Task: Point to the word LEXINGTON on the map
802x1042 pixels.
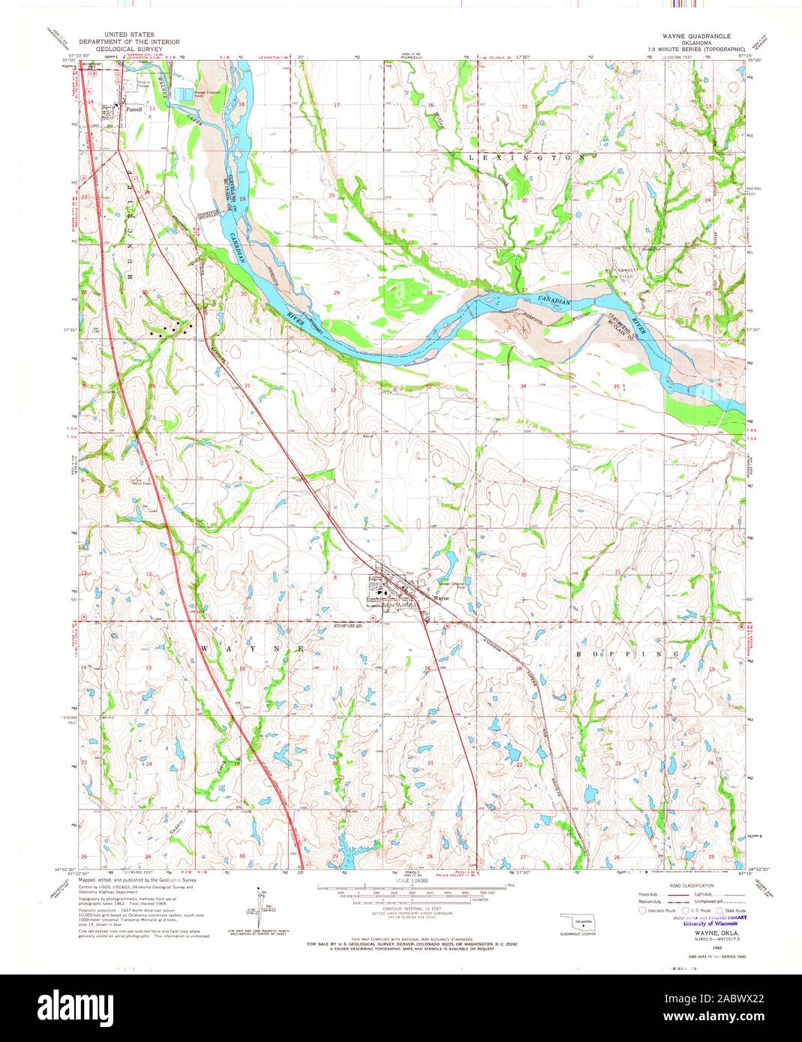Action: pos(526,158)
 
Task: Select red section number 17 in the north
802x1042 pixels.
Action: pos(337,106)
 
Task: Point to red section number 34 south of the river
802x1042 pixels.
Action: pos(524,385)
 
